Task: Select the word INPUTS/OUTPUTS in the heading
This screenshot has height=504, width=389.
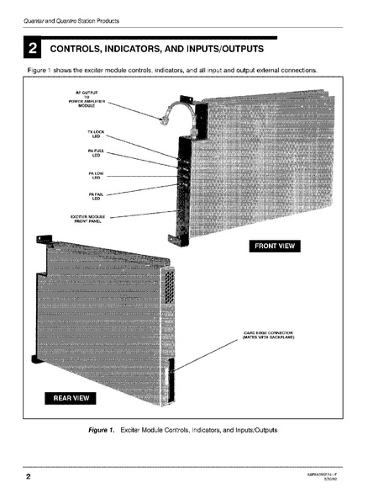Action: click(222, 50)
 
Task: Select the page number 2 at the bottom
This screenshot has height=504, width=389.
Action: click(28, 478)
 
